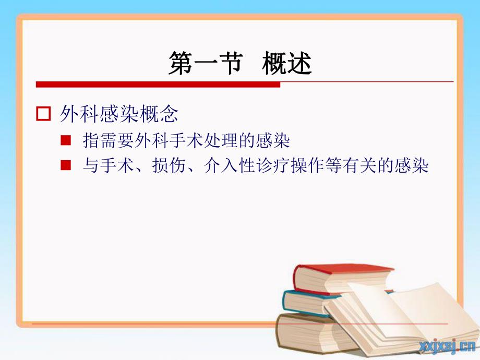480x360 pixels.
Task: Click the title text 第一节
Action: (x=205, y=64)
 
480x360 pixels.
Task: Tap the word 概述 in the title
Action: (x=287, y=64)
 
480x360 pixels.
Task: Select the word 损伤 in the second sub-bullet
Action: (x=164, y=166)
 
